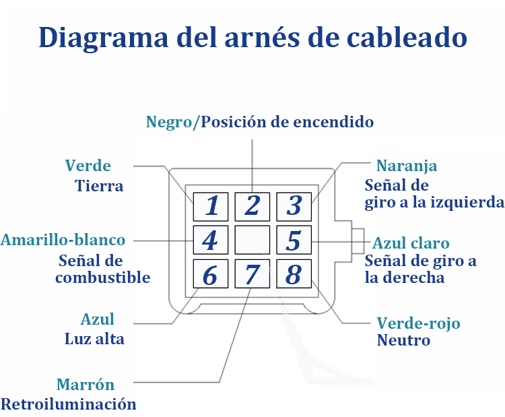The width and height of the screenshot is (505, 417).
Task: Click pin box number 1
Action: click(211, 207)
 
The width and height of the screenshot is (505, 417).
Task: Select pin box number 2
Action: click(252, 207)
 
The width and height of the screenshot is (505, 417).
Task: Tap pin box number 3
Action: click(294, 207)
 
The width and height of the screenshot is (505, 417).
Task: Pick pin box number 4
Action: click(211, 240)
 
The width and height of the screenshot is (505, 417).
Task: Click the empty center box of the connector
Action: click(252, 240)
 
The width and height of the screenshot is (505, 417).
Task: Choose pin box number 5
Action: click(294, 240)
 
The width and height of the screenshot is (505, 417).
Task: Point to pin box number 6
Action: click(211, 274)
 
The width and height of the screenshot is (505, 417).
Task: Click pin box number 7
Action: click(252, 274)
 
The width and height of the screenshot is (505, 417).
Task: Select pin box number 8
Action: click(294, 274)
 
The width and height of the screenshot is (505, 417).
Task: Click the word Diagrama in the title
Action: click(104, 38)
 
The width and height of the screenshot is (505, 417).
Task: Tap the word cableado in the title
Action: click(407, 37)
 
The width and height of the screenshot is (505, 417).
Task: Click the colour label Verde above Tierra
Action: click(88, 166)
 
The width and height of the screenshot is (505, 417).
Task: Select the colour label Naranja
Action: click(407, 166)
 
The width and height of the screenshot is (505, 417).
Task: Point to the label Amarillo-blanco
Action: click(63, 240)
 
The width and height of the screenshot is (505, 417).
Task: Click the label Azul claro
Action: click(411, 243)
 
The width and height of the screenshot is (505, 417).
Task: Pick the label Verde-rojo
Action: click(418, 323)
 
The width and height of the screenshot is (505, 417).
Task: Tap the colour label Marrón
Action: click(86, 385)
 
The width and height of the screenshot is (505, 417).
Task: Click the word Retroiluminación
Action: click(69, 404)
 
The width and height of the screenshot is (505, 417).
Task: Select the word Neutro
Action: click(403, 340)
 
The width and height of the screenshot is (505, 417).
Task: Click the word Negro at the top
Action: click(169, 122)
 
